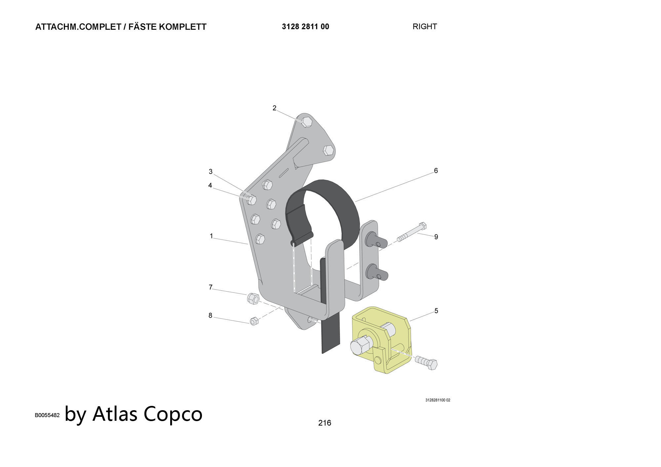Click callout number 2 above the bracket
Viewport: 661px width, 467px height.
274,108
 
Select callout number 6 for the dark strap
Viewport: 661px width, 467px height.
436,170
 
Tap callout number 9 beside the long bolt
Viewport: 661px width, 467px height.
436,237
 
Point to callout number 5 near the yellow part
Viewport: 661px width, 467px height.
436,311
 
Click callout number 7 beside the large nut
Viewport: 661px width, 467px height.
211,287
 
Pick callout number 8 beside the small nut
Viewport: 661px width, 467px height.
210,315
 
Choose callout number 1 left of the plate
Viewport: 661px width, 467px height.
212,236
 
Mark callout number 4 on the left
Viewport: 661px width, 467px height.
210,185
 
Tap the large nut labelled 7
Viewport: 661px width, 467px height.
253,299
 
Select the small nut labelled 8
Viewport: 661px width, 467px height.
254,321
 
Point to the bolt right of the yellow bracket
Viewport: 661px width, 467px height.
426,362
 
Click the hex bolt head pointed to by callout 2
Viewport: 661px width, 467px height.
307,122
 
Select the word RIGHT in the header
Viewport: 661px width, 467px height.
425,26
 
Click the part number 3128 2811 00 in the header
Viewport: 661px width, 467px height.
305,26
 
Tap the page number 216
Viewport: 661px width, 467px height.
325,423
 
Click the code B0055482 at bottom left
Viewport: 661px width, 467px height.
47,415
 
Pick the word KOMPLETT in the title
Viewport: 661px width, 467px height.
183,27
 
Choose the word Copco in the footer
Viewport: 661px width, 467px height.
173,413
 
